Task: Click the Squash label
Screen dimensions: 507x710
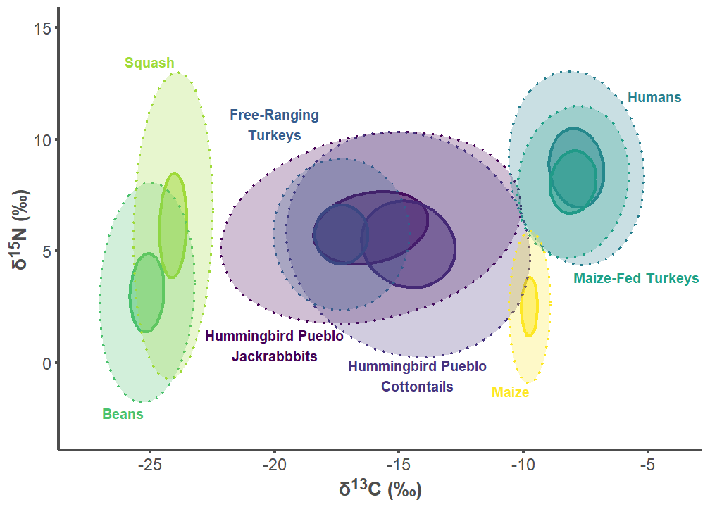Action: pyautogui.click(x=149, y=63)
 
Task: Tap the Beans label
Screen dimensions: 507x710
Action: pyautogui.click(x=123, y=414)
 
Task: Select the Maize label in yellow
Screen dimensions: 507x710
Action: pyautogui.click(x=510, y=392)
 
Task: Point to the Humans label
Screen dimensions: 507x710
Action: pyautogui.click(x=654, y=97)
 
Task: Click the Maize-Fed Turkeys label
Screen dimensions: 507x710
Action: pyautogui.click(x=636, y=278)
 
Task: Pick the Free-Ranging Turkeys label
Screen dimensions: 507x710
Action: pyautogui.click(x=274, y=125)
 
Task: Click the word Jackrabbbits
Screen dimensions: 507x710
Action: pyautogui.click(x=275, y=356)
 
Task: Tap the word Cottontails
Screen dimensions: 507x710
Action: pyautogui.click(x=417, y=387)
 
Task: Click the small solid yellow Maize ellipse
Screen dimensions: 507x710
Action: pyautogui.click(x=529, y=306)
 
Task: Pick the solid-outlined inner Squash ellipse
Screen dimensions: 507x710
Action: pyautogui.click(x=173, y=225)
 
